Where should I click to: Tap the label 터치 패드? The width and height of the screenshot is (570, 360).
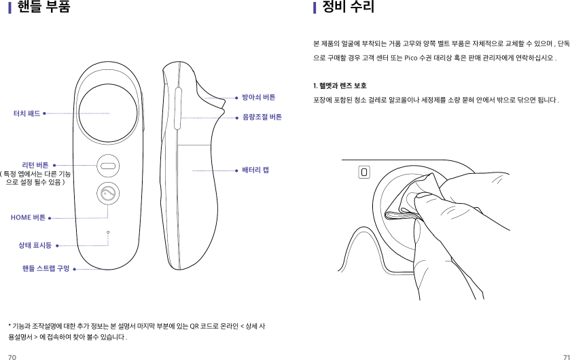(26, 113)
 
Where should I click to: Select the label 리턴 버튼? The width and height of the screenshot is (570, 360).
(35, 164)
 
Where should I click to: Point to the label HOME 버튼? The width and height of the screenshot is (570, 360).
(29, 218)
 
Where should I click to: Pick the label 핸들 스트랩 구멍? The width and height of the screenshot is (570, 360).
(46, 269)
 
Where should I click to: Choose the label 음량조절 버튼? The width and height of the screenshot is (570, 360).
(262, 118)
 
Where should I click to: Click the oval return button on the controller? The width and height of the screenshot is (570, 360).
(108, 164)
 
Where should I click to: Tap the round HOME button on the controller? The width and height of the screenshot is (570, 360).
(108, 194)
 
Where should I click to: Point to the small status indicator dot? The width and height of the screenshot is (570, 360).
(108, 232)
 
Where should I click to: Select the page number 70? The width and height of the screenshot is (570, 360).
(12, 355)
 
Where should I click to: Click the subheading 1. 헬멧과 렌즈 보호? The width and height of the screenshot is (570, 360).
(340, 86)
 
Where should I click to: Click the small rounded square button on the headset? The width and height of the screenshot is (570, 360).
(365, 172)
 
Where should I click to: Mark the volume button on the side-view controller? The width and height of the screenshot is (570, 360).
(178, 107)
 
